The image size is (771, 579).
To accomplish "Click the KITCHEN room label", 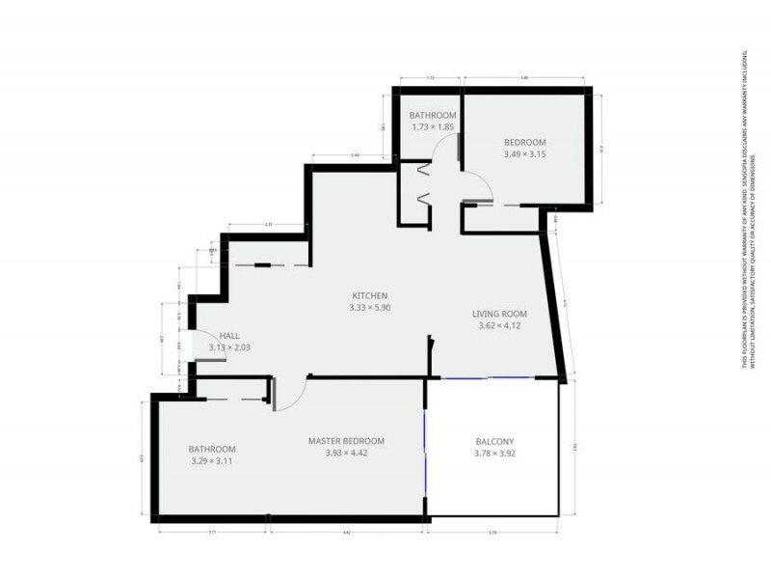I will pos(370,295).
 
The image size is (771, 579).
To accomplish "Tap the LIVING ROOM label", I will pos(499,314).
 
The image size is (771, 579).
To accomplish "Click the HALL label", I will pos(229,336).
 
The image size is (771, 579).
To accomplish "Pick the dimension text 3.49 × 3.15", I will pos(524,152).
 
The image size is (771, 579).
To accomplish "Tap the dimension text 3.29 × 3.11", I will pos(211,461).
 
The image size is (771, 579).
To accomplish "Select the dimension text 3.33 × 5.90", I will pos(370,308).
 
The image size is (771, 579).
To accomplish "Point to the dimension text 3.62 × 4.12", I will pos(499,326).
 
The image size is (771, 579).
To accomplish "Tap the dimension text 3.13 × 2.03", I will pos(229,348).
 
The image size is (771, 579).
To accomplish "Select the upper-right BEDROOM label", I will pos(524,140).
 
